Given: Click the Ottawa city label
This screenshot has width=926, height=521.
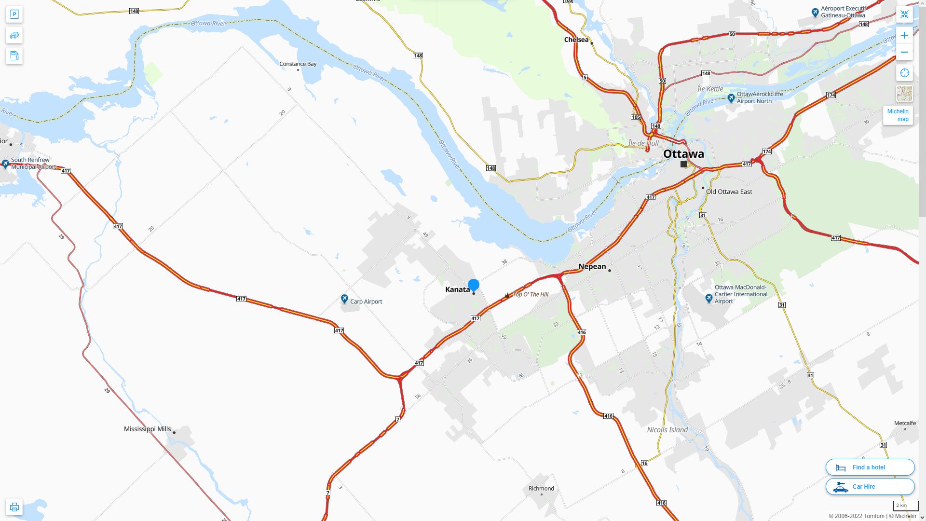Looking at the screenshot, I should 683,154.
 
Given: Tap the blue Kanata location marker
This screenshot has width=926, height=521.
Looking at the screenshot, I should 474,285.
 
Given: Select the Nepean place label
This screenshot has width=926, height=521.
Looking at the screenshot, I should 592,266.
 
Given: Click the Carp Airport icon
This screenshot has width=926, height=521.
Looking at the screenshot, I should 344,300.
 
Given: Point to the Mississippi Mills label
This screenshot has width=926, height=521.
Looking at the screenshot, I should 147,429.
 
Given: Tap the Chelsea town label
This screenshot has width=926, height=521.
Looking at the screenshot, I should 576,40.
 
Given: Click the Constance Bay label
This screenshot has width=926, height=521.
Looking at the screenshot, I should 298,64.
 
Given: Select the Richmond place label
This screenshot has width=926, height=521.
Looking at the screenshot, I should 541,488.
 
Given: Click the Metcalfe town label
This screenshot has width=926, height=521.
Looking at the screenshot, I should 905,423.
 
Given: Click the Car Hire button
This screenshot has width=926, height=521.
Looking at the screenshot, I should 870,487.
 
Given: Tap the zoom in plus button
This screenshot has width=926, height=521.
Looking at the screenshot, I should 904,35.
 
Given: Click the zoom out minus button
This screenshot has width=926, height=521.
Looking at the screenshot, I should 904,52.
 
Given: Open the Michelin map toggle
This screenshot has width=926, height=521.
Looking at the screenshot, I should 898,115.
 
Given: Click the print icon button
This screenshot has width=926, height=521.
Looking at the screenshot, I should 14,507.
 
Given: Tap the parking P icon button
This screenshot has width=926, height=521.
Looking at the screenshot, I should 14,14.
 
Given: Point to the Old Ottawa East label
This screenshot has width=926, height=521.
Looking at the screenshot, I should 729,192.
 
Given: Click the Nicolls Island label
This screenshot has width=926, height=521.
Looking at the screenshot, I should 667,430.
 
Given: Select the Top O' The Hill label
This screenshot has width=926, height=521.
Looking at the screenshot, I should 531,294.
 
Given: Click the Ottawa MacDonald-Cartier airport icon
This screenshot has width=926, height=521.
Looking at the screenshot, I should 709,299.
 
